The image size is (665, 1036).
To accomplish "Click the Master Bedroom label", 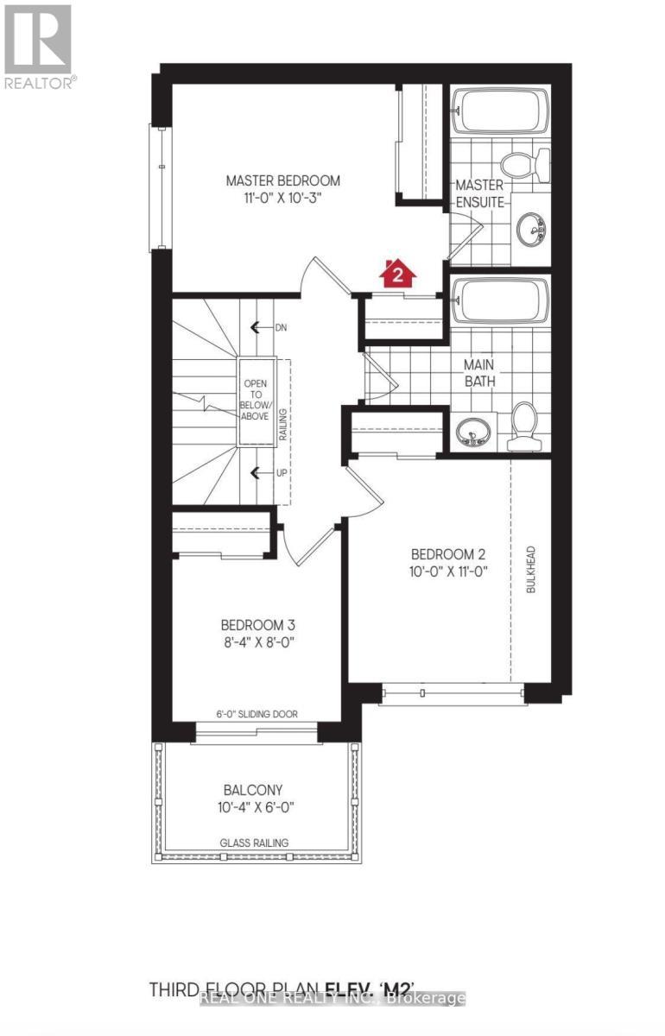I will coord(282,181).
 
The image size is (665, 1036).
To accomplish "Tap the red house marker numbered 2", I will coord(397,274).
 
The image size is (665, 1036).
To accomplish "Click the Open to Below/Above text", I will coord(256,400).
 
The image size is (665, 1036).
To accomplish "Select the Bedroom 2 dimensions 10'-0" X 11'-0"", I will coord(443,571).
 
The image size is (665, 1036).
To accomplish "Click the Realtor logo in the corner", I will coord(40,47).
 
